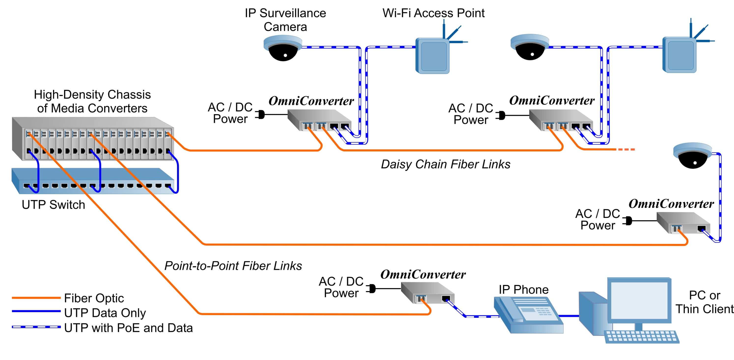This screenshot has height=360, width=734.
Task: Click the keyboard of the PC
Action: tap(641, 336)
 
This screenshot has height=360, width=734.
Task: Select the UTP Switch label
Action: tap(53, 204)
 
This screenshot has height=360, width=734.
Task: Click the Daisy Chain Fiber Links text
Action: tap(445, 164)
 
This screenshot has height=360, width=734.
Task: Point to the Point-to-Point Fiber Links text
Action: tap(233, 266)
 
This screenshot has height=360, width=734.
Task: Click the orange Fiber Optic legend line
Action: tap(36, 298)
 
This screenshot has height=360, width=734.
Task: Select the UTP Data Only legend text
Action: tap(105, 313)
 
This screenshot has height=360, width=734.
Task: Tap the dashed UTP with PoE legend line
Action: tap(36, 327)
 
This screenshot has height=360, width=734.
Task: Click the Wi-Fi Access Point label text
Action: tap(433, 13)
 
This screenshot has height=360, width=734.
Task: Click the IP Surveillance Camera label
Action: tap(285, 20)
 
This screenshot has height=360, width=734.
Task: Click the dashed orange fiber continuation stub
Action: tap(625, 149)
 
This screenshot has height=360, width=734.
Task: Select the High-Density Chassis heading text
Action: tap(92, 101)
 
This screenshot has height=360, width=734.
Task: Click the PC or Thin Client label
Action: tap(704, 302)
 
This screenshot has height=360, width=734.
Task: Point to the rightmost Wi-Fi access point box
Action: tap(680, 55)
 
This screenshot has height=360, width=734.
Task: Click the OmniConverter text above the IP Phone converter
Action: tap(423, 275)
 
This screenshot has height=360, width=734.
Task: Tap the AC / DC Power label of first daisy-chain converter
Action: tap(230, 113)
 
